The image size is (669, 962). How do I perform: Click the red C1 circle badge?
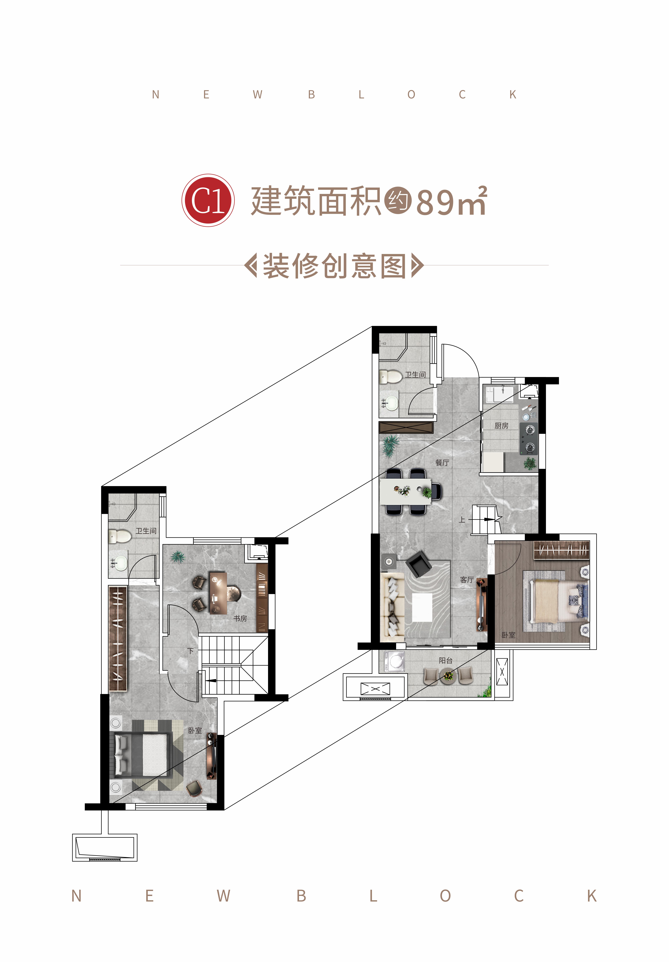point(208,200)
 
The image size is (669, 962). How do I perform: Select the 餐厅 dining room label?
point(442,463)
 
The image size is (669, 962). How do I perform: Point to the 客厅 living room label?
point(467,580)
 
